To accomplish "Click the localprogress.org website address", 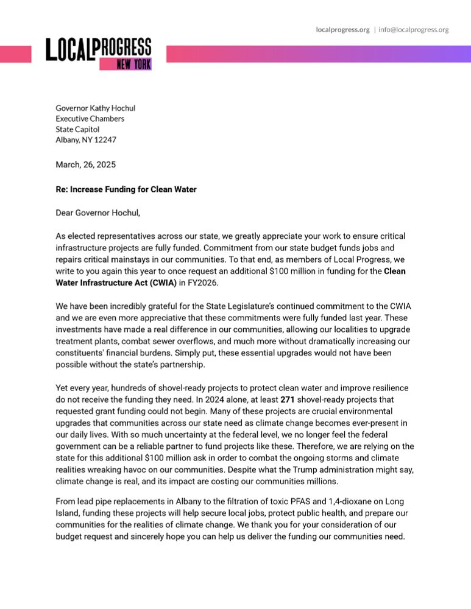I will coord(342,29).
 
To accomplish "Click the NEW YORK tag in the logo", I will coord(133,63).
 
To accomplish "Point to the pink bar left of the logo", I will coord(15,54).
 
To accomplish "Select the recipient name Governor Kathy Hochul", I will coord(95,108).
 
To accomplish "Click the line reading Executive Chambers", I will coord(90,119).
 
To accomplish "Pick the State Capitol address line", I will coord(77,129).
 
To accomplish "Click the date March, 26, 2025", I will coord(85,164).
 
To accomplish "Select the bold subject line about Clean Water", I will coord(126,189).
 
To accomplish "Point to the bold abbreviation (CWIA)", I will coord(160,283).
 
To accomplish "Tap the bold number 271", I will coord(288,400).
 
